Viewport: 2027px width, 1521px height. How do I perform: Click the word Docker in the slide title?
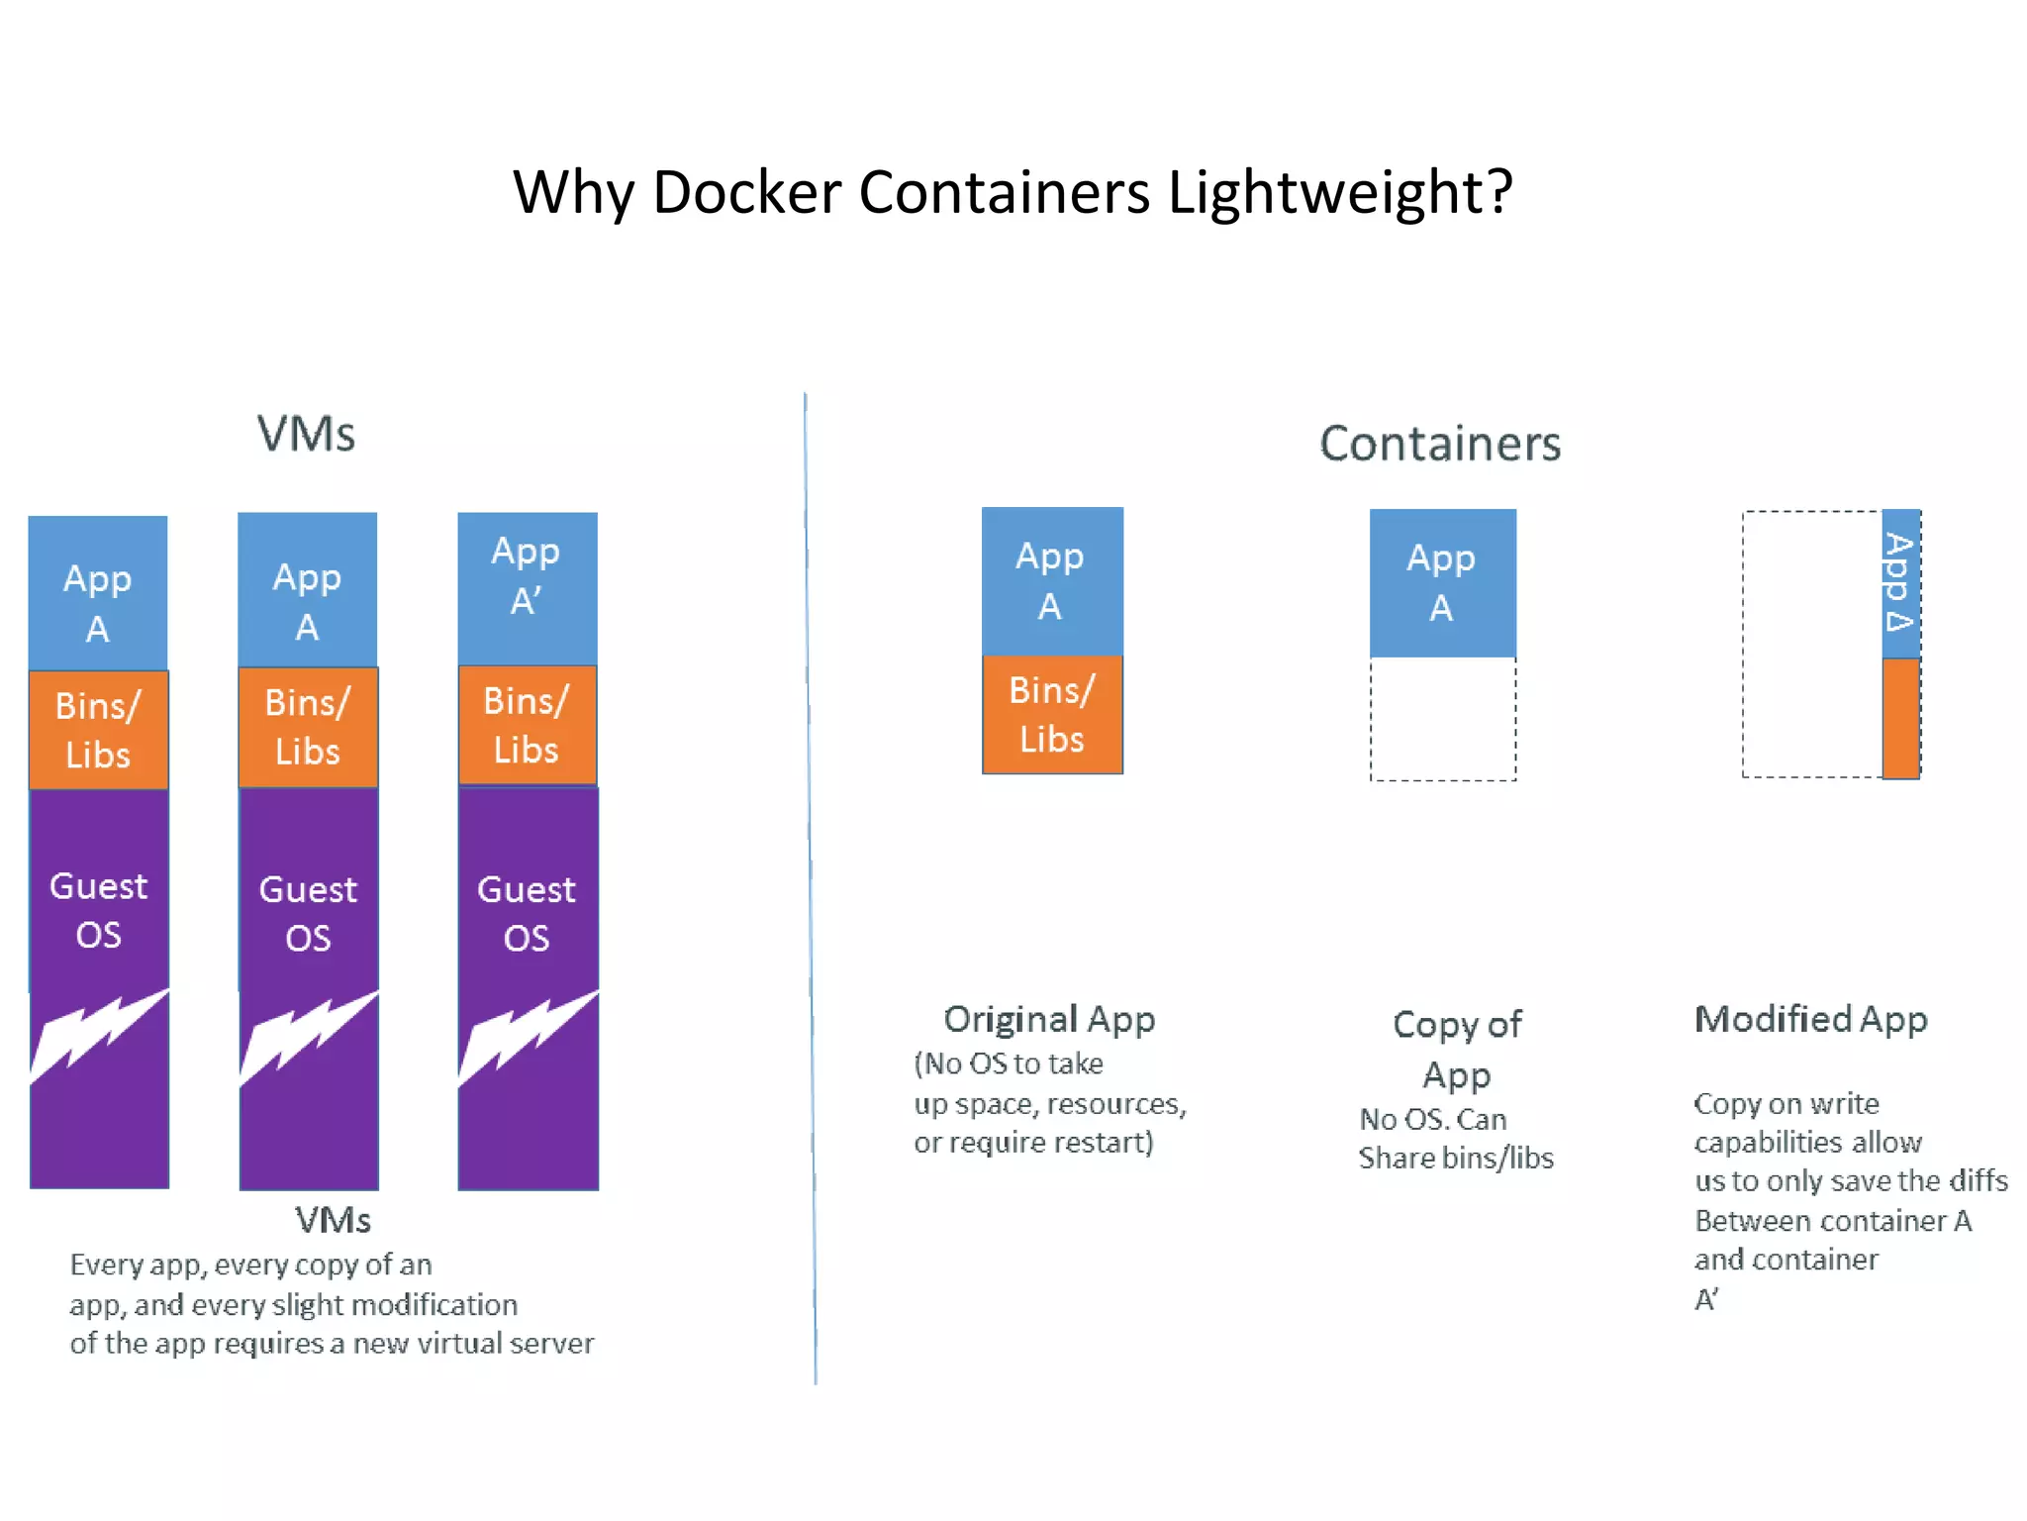coord(746,192)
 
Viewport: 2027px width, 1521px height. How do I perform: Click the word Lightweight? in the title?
coord(1340,192)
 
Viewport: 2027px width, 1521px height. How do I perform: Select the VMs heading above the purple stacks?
coord(306,434)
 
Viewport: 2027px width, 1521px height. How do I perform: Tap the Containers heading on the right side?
coord(1440,444)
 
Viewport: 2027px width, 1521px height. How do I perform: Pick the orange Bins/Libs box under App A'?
coord(527,725)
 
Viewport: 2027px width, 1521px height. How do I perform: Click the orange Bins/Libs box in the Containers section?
coord(1052,714)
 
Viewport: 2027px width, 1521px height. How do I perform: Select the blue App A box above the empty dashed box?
coord(1442,583)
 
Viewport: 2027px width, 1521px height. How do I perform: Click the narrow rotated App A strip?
coord(1900,583)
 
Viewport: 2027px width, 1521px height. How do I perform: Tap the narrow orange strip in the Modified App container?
coord(1900,718)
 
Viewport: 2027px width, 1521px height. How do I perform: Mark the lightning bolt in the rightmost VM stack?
coord(527,1036)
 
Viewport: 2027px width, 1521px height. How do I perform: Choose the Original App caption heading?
coord(1049,1019)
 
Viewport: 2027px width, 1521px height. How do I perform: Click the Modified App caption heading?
coord(1810,1019)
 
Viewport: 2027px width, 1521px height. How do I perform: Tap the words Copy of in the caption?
coord(1456,1025)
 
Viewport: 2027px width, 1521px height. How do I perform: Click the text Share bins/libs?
coord(1456,1158)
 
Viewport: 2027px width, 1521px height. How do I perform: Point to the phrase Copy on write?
coord(1786,1103)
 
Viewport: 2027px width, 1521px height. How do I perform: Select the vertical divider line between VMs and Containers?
coord(811,891)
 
